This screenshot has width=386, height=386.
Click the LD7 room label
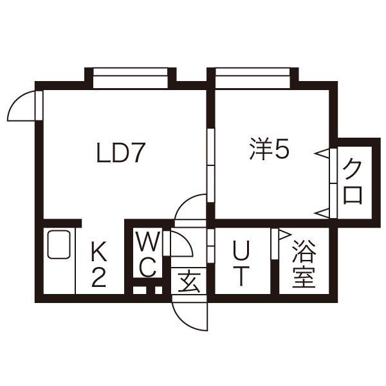[120, 152]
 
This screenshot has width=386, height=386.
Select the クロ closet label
[353, 181]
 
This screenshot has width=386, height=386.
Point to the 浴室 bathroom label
[304, 264]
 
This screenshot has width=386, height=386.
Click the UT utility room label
[241, 263]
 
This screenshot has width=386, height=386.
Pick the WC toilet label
[148, 254]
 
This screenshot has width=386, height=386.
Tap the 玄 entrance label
[188, 281]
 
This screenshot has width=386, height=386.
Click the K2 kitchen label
[99, 264]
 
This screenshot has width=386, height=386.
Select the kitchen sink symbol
[59, 244]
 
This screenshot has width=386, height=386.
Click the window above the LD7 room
[131, 78]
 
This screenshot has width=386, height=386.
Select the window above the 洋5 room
[253, 78]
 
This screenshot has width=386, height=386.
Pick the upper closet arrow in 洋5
[322, 154]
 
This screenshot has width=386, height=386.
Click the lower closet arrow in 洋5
[322, 213]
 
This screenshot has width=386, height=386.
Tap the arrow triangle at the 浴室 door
[284, 234]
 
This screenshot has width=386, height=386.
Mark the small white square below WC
[158, 290]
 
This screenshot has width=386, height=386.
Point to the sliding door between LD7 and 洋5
[211, 165]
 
